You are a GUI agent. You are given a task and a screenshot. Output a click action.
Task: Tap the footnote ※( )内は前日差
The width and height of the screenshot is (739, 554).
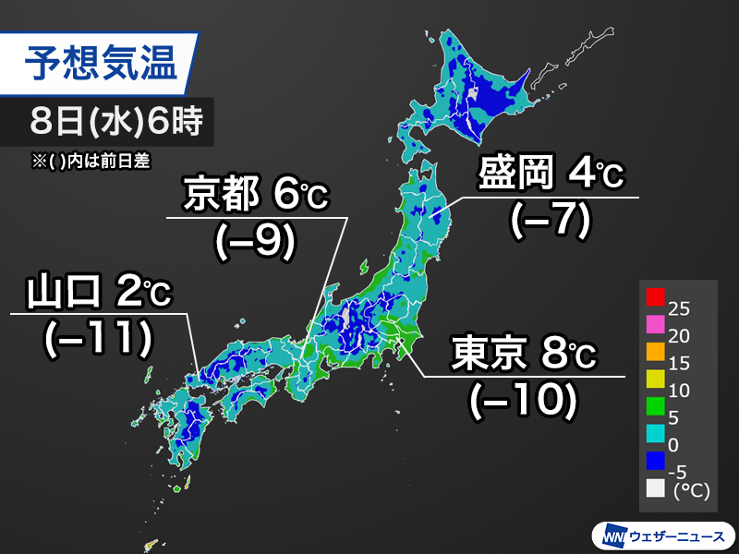[90, 160]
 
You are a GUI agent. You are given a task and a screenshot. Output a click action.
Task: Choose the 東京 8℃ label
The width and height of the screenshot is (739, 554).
[525, 353]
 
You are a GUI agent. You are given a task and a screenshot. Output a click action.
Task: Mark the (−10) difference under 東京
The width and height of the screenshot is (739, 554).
[523, 399]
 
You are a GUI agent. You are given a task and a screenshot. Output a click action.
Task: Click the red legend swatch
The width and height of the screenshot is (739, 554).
[655, 296]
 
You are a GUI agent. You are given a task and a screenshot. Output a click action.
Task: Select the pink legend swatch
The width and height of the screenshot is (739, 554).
[655, 323]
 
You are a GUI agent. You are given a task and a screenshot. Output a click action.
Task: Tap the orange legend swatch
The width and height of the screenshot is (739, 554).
[655, 351]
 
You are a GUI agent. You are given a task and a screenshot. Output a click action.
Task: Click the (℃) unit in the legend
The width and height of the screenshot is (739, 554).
[692, 492]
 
